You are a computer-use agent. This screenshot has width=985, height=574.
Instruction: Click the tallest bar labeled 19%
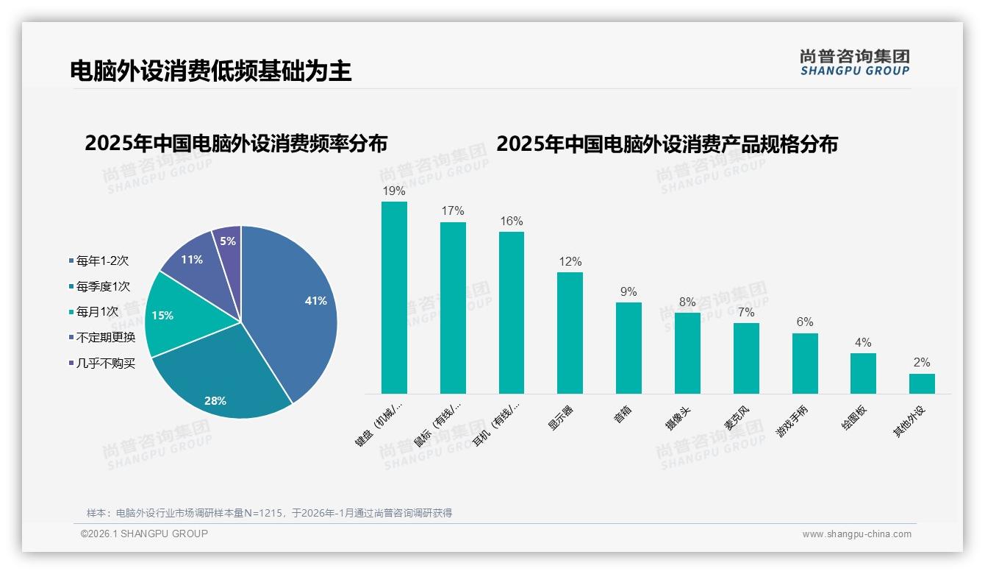394,297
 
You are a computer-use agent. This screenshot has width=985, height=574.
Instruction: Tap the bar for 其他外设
922,383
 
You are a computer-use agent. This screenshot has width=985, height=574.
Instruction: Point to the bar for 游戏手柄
805,364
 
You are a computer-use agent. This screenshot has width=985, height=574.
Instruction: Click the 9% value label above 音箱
628,291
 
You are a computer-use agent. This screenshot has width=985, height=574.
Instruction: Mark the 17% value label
453,211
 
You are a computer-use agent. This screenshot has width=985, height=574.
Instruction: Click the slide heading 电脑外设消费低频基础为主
210,71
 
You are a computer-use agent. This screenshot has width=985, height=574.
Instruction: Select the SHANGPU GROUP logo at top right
854,63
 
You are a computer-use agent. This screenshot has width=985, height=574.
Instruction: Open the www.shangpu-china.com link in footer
856,534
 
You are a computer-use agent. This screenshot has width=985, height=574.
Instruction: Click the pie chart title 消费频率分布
236,143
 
